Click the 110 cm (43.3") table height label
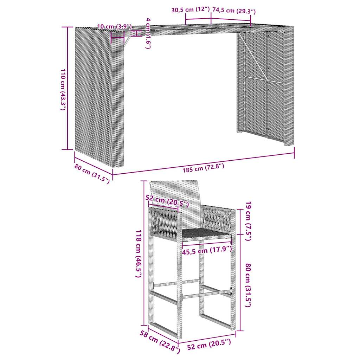point(62,90)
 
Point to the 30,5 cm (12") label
point(190,10)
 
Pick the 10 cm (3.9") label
point(114,26)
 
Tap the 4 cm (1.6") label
point(148,33)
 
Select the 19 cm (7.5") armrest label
point(248,221)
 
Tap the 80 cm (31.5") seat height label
point(248,285)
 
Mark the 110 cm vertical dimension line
point(67,88)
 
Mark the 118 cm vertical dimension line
point(144,253)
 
